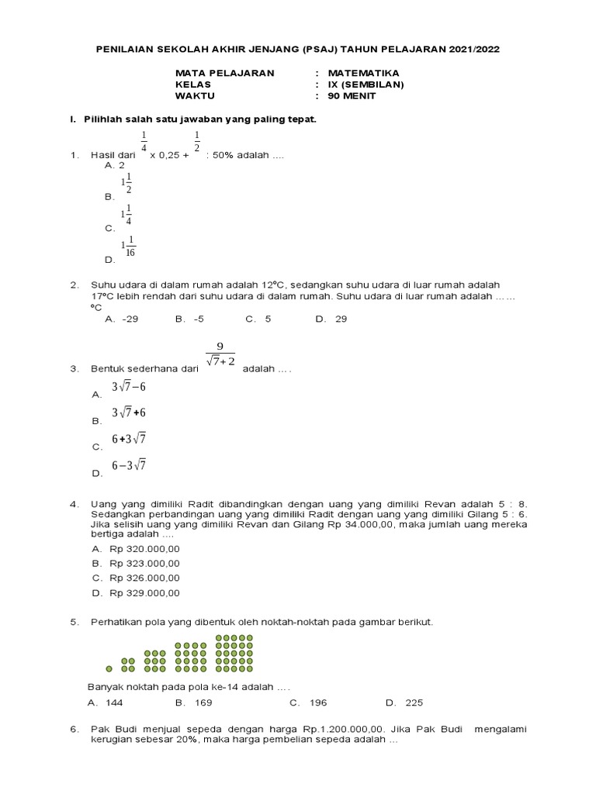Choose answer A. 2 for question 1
tap(114, 165)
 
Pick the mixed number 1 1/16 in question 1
tap(128, 247)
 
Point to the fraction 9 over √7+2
tap(220, 355)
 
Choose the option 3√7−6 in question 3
tap(129, 387)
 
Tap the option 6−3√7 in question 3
tap(129, 465)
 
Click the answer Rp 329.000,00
tap(144, 593)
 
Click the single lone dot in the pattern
tap(109, 668)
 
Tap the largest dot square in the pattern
tap(234, 654)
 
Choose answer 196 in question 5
tap(318, 703)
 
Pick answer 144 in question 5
tap(114, 703)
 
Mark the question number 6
tap(73, 730)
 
